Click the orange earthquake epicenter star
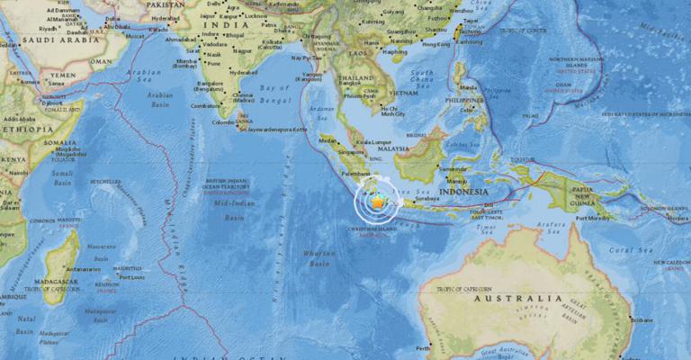(x=377, y=204)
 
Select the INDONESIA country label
(x=463, y=192)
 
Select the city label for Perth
(x=423, y=347)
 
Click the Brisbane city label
(x=642, y=319)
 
